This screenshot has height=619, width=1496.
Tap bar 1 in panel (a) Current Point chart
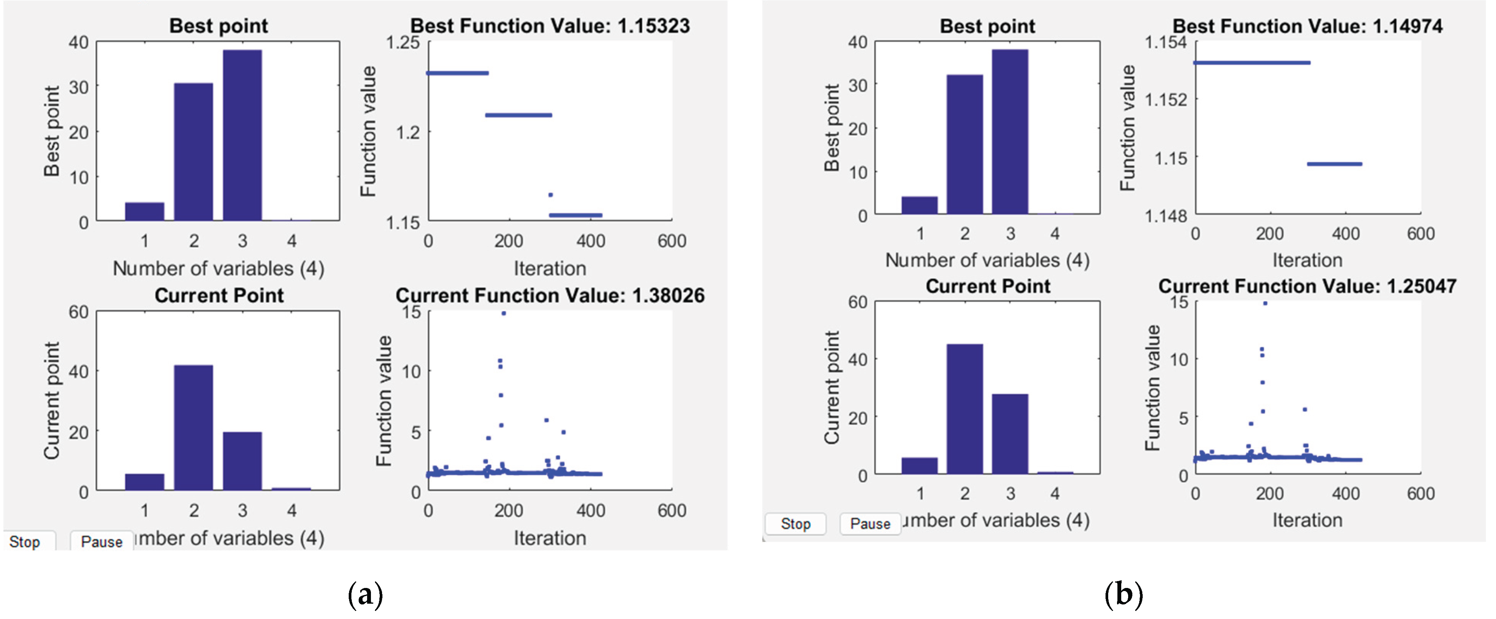tap(144, 481)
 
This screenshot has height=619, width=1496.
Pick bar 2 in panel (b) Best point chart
tap(964, 144)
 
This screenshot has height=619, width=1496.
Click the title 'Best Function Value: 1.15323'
tap(550, 26)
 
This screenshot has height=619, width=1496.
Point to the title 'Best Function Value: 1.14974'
tap(1307, 26)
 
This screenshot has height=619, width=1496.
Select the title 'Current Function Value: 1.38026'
tap(550, 295)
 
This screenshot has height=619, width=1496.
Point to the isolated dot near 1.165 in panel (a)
tap(551, 195)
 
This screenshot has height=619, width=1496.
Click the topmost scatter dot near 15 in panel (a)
tap(504, 313)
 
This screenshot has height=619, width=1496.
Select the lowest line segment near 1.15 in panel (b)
tap(1335, 164)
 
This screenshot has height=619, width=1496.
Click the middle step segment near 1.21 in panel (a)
tap(518, 115)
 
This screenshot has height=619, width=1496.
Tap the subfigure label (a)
tap(365, 594)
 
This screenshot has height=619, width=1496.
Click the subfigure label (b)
tap(1123, 594)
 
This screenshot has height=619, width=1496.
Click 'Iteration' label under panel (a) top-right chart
tap(550, 268)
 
